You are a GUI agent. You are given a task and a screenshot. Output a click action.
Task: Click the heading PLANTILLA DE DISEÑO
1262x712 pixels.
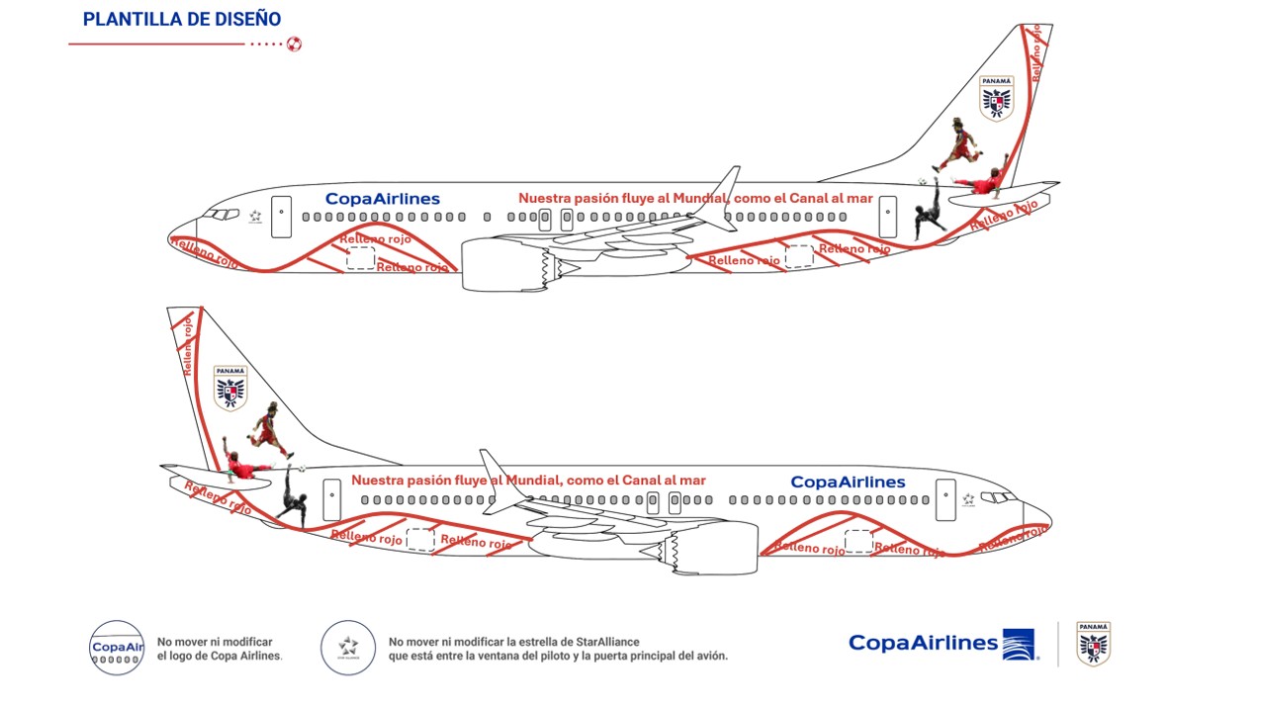tap(182, 19)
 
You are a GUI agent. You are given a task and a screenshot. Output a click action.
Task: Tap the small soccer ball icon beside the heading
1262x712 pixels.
tap(294, 44)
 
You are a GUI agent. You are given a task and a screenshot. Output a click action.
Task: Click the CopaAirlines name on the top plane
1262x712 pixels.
tap(382, 199)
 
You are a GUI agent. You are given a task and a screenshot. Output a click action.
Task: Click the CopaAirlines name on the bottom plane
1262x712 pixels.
tap(848, 482)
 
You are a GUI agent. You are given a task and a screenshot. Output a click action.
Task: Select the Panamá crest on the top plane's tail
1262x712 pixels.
tap(996, 98)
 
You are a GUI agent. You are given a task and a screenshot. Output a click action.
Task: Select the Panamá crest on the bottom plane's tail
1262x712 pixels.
tap(230, 387)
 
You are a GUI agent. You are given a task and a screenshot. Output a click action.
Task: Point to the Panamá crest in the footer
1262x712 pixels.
tap(1093, 643)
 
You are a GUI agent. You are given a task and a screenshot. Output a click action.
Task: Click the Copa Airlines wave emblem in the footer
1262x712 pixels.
tap(1018, 644)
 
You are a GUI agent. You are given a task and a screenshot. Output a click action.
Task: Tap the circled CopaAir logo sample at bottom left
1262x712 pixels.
tap(117, 648)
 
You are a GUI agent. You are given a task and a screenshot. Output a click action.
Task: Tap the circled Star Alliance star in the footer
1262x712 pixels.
tap(347, 648)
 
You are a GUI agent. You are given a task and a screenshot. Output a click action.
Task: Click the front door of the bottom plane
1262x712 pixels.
tap(946, 499)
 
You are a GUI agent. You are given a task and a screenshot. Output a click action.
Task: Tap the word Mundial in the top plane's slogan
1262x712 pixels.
tap(698, 198)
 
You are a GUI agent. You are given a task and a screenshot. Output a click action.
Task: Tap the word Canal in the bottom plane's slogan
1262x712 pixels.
tap(642, 481)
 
